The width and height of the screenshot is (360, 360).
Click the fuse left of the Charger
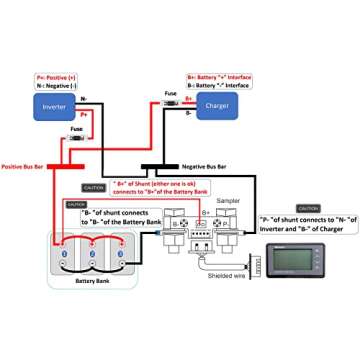[170, 100]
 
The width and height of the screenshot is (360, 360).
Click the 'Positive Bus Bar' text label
[27, 166]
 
